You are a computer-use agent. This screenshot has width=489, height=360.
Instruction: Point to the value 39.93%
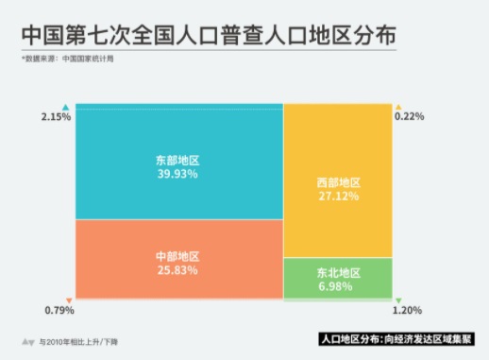(179, 175)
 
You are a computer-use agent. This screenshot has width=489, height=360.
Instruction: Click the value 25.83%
(179, 269)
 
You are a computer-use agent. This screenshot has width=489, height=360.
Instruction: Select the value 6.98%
(338, 285)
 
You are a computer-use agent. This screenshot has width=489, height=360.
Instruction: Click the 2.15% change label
(56, 117)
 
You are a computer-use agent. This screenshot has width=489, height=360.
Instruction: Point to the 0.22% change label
(409, 117)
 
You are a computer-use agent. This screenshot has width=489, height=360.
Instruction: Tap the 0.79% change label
(59, 309)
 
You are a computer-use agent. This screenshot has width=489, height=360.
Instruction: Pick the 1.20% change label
(407, 309)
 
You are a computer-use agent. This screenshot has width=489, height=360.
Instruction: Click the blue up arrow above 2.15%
(65, 105)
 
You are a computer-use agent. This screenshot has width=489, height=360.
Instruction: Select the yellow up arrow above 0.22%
(398, 105)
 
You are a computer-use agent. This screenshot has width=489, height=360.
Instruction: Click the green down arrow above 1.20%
(398, 297)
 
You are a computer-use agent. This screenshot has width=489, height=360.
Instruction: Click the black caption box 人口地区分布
(396, 337)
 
